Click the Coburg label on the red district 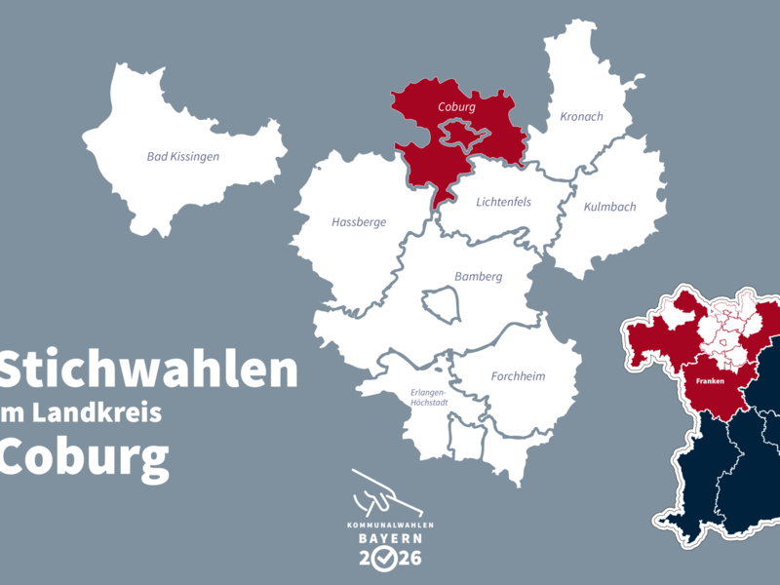pyautogui.click(x=456, y=106)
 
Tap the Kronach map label pyautogui.click(x=581, y=117)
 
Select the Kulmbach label pyautogui.click(x=609, y=207)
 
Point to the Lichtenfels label pyautogui.click(x=503, y=203)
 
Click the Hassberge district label pyautogui.click(x=359, y=222)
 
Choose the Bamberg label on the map pyautogui.click(x=479, y=277)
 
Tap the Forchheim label pyautogui.click(x=518, y=376)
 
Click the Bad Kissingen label pyautogui.click(x=183, y=156)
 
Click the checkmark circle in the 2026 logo pyautogui.click(x=388, y=559)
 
